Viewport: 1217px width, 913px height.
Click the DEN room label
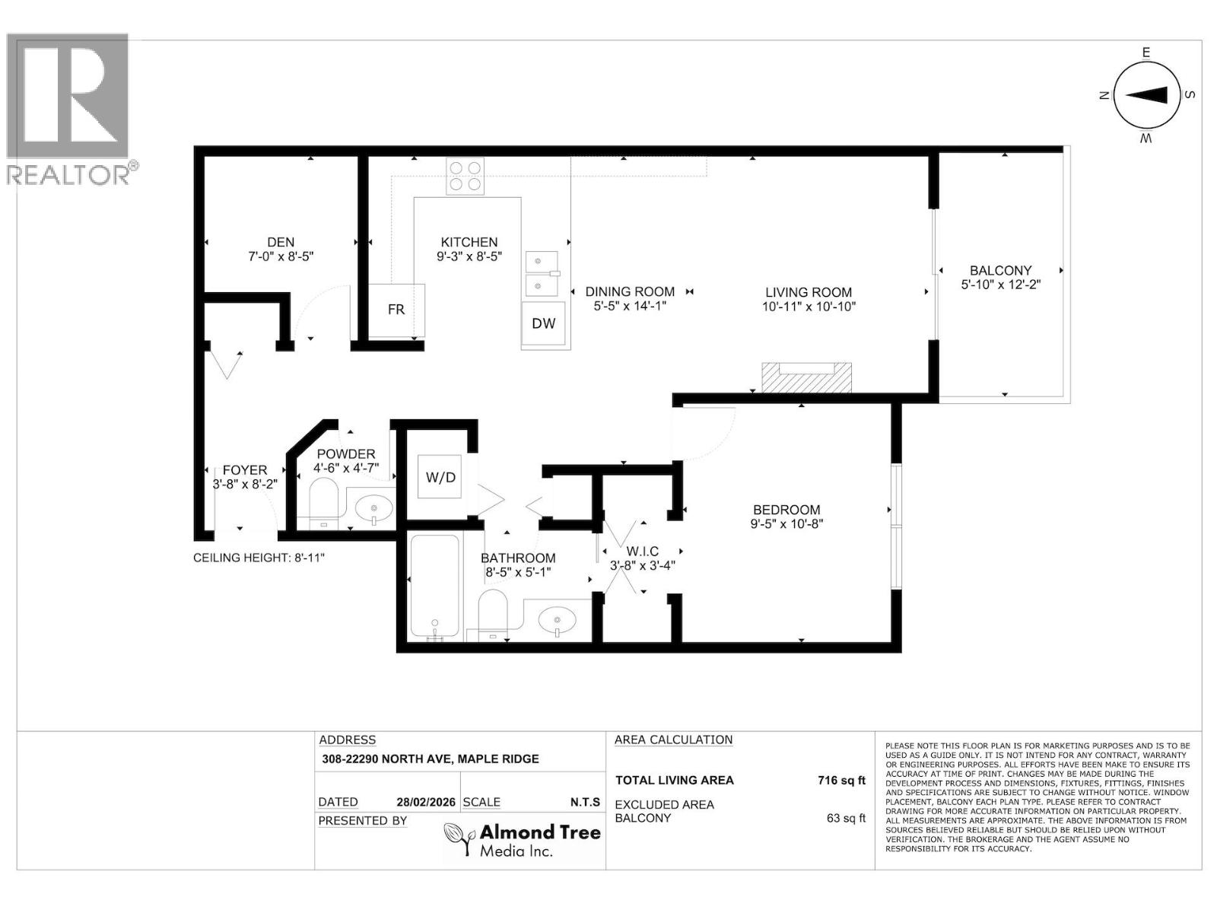pyautogui.click(x=281, y=243)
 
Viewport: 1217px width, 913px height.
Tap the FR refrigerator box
pyautogui.click(x=396, y=310)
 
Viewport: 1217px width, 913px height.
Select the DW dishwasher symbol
pyautogui.click(x=544, y=323)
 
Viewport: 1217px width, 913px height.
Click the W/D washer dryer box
pyautogui.click(x=440, y=477)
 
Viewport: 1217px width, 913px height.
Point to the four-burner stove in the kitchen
pyautogui.click(x=465, y=176)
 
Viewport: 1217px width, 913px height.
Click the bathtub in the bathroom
pyautogui.click(x=434, y=586)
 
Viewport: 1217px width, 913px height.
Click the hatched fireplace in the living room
pyautogui.click(x=807, y=378)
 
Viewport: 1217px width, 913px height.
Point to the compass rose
pyautogui.click(x=1146, y=95)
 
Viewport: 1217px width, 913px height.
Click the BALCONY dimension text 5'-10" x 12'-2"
pyautogui.click(x=1000, y=285)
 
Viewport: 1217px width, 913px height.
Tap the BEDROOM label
pyautogui.click(x=786, y=510)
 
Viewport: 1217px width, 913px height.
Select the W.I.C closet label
pyautogui.click(x=643, y=552)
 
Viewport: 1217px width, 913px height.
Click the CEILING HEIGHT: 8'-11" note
pyautogui.click(x=259, y=558)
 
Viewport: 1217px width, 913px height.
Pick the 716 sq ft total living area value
pyautogui.click(x=840, y=780)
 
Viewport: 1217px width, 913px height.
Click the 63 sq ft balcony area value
pyautogui.click(x=845, y=819)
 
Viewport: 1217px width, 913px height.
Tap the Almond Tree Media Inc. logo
pyautogui.click(x=523, y=840)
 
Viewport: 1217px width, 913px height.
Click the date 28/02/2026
pyautogui.click(x=426, y=802)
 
